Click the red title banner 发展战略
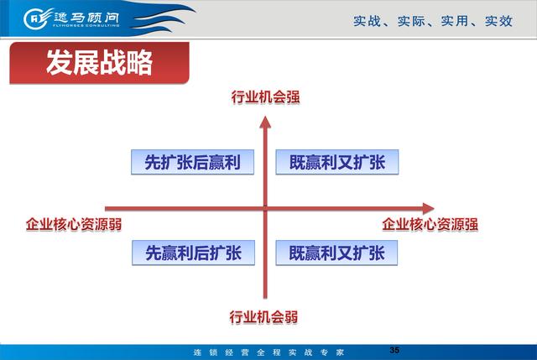(x=99, y=63)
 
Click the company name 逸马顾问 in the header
(x=86, y=18)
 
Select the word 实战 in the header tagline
(x=368, y=21)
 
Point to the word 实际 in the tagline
(x=411, y=21)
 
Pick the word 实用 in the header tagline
(x=455, y=21)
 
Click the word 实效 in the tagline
(x=498, y=21)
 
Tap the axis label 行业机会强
(x=265, y=97)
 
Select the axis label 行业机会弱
(x=263, y=317)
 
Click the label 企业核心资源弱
(x=74, y=225)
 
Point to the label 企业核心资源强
(x=430, y=225)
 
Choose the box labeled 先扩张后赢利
(x=192, y=162)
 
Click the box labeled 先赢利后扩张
(x=194, y=253)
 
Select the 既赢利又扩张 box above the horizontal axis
(x=337, y=162)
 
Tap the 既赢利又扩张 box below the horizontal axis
(x=336, y=253)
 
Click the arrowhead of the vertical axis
(x=265, y=123)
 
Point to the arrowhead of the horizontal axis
(x=429, y=208)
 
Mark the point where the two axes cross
(x=265, y=208)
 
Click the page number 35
(x=394, y=350)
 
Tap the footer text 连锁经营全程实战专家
(x=268, y=352)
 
